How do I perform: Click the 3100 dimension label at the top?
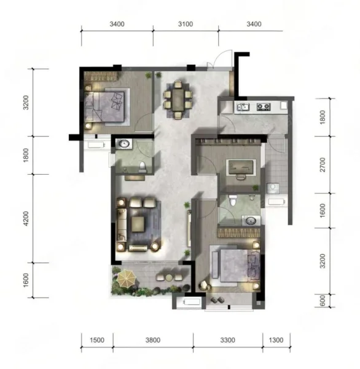[186, 24]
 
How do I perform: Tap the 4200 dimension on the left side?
[26, 218]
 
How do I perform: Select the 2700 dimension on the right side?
[323, 165]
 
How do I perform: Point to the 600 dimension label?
[323, 301]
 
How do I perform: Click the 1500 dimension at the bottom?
[97, 340]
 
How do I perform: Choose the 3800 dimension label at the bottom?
[153, 340]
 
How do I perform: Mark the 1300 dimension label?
[276, 340]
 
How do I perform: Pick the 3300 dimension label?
[228, 340]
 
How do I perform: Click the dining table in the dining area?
[178, 100]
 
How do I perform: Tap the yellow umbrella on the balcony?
[127, 279]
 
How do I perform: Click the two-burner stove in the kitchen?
[264, 106]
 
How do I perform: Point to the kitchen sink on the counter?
[243, 107]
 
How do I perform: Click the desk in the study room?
[241, 167]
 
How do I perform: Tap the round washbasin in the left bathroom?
[124, 144]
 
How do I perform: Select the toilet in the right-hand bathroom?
[233, 200]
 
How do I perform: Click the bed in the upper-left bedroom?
[104, 107]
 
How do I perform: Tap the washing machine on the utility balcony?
[273, 188]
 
